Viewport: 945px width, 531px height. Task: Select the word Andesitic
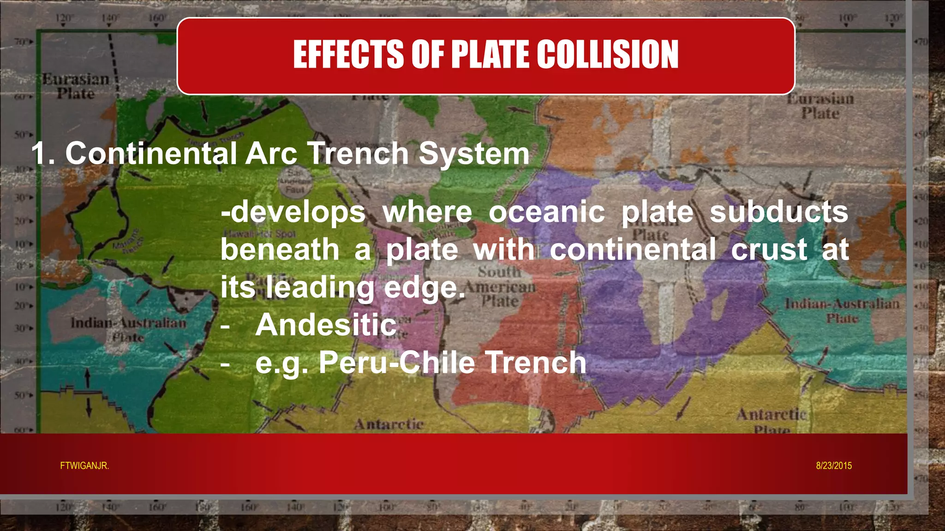(x=326, y=325)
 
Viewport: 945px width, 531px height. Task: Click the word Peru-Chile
(x=397, y=362)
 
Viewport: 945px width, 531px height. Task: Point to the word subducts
(x=779, y=212)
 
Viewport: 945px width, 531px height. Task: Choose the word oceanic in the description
(x=547, y=212)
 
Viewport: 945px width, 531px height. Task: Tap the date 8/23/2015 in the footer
(x=834, y=466)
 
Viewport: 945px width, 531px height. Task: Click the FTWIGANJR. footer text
(x=84, y=466)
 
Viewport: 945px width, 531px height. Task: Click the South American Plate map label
(x=500, y=286)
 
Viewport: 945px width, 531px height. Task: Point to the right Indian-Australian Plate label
(x=842, y=310)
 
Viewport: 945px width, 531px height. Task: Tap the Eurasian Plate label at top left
(x=76, y=86)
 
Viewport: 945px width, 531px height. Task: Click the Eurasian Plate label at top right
(x=820, y=106)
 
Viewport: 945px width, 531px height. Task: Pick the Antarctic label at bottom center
(x=389, y=424)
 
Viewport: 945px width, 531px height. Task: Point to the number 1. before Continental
(x=43, y=153)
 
